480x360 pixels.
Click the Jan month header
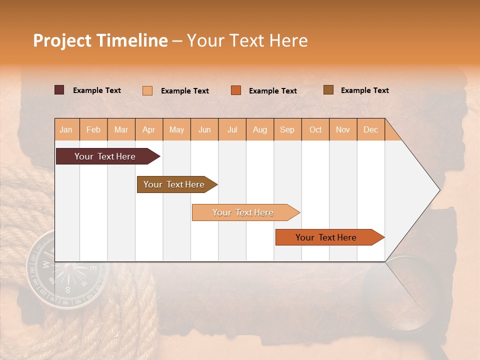(x=66, y=129)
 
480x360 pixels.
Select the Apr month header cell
(x=149, y=129)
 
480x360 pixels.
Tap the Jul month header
(x=232, y=129)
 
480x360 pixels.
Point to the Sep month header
(x=287, y=129)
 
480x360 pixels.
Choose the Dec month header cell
(x=370, y=129)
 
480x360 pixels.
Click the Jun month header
(x=204, y=129)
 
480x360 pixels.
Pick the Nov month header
(x=343, y=129)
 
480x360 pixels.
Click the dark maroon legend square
(x=59, y=90)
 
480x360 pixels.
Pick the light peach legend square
(x=147, y=90)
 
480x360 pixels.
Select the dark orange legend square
(x=236, y=90)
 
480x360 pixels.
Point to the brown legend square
(x=328, y=90)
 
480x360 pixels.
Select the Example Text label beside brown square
(x=364, y=90)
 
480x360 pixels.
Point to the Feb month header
(x=93, y=129)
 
